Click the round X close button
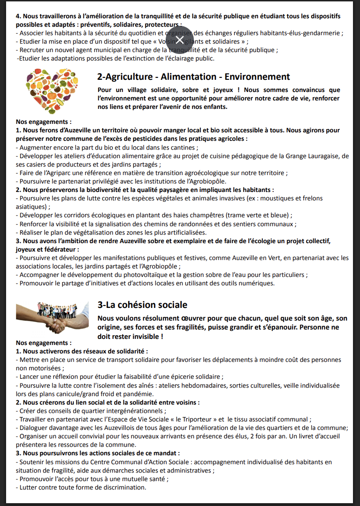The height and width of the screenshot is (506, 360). (179, 39)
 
